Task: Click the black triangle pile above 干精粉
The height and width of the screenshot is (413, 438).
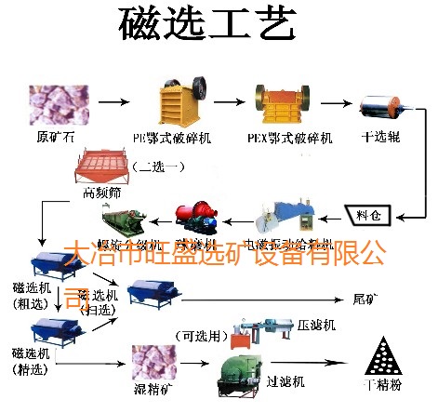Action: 381,357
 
